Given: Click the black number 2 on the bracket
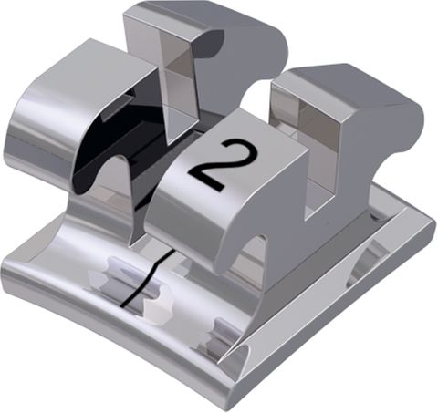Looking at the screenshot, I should coord(212,164).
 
